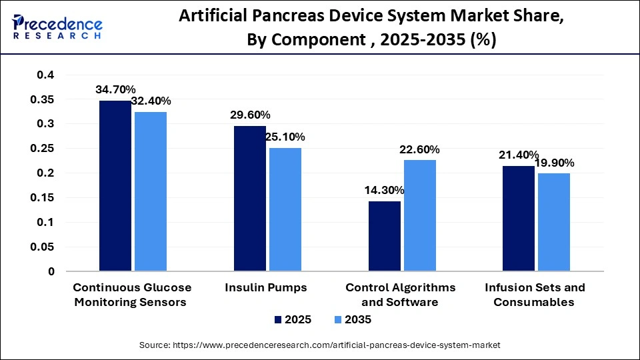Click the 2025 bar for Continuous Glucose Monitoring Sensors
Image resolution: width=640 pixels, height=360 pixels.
coord(115,186)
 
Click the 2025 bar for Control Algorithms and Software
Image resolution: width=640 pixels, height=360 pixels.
coord(385,236)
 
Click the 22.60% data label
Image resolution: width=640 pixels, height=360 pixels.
coord(419,149)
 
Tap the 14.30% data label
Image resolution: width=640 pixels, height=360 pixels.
coord(385,190)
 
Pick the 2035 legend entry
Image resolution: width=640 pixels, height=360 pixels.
coord(353,319)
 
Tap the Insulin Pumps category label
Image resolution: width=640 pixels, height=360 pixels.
coord(267,288)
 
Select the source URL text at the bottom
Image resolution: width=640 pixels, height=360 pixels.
coord(319,345)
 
